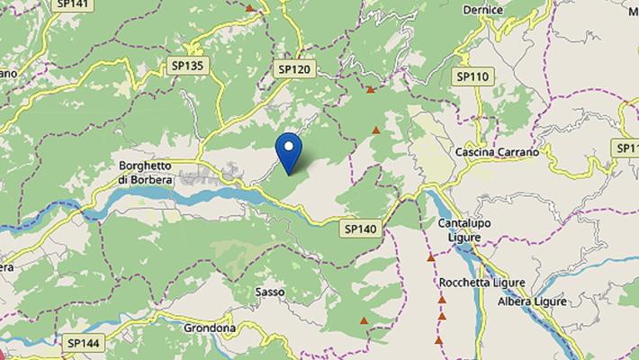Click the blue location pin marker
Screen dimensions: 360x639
pos(289,152)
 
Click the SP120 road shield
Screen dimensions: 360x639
pos(294,68)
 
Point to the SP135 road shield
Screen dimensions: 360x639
pos(187,66)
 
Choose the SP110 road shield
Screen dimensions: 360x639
pos(472,76)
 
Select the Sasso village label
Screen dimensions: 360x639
pos(270,292)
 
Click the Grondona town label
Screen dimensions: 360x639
pos(210,328)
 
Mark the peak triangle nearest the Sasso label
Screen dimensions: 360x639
pos(364,320)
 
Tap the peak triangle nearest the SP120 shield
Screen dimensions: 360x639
pos(370,90)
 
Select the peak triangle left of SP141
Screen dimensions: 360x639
pos(249,8)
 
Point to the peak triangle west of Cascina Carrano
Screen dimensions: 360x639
pos(376,130)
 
